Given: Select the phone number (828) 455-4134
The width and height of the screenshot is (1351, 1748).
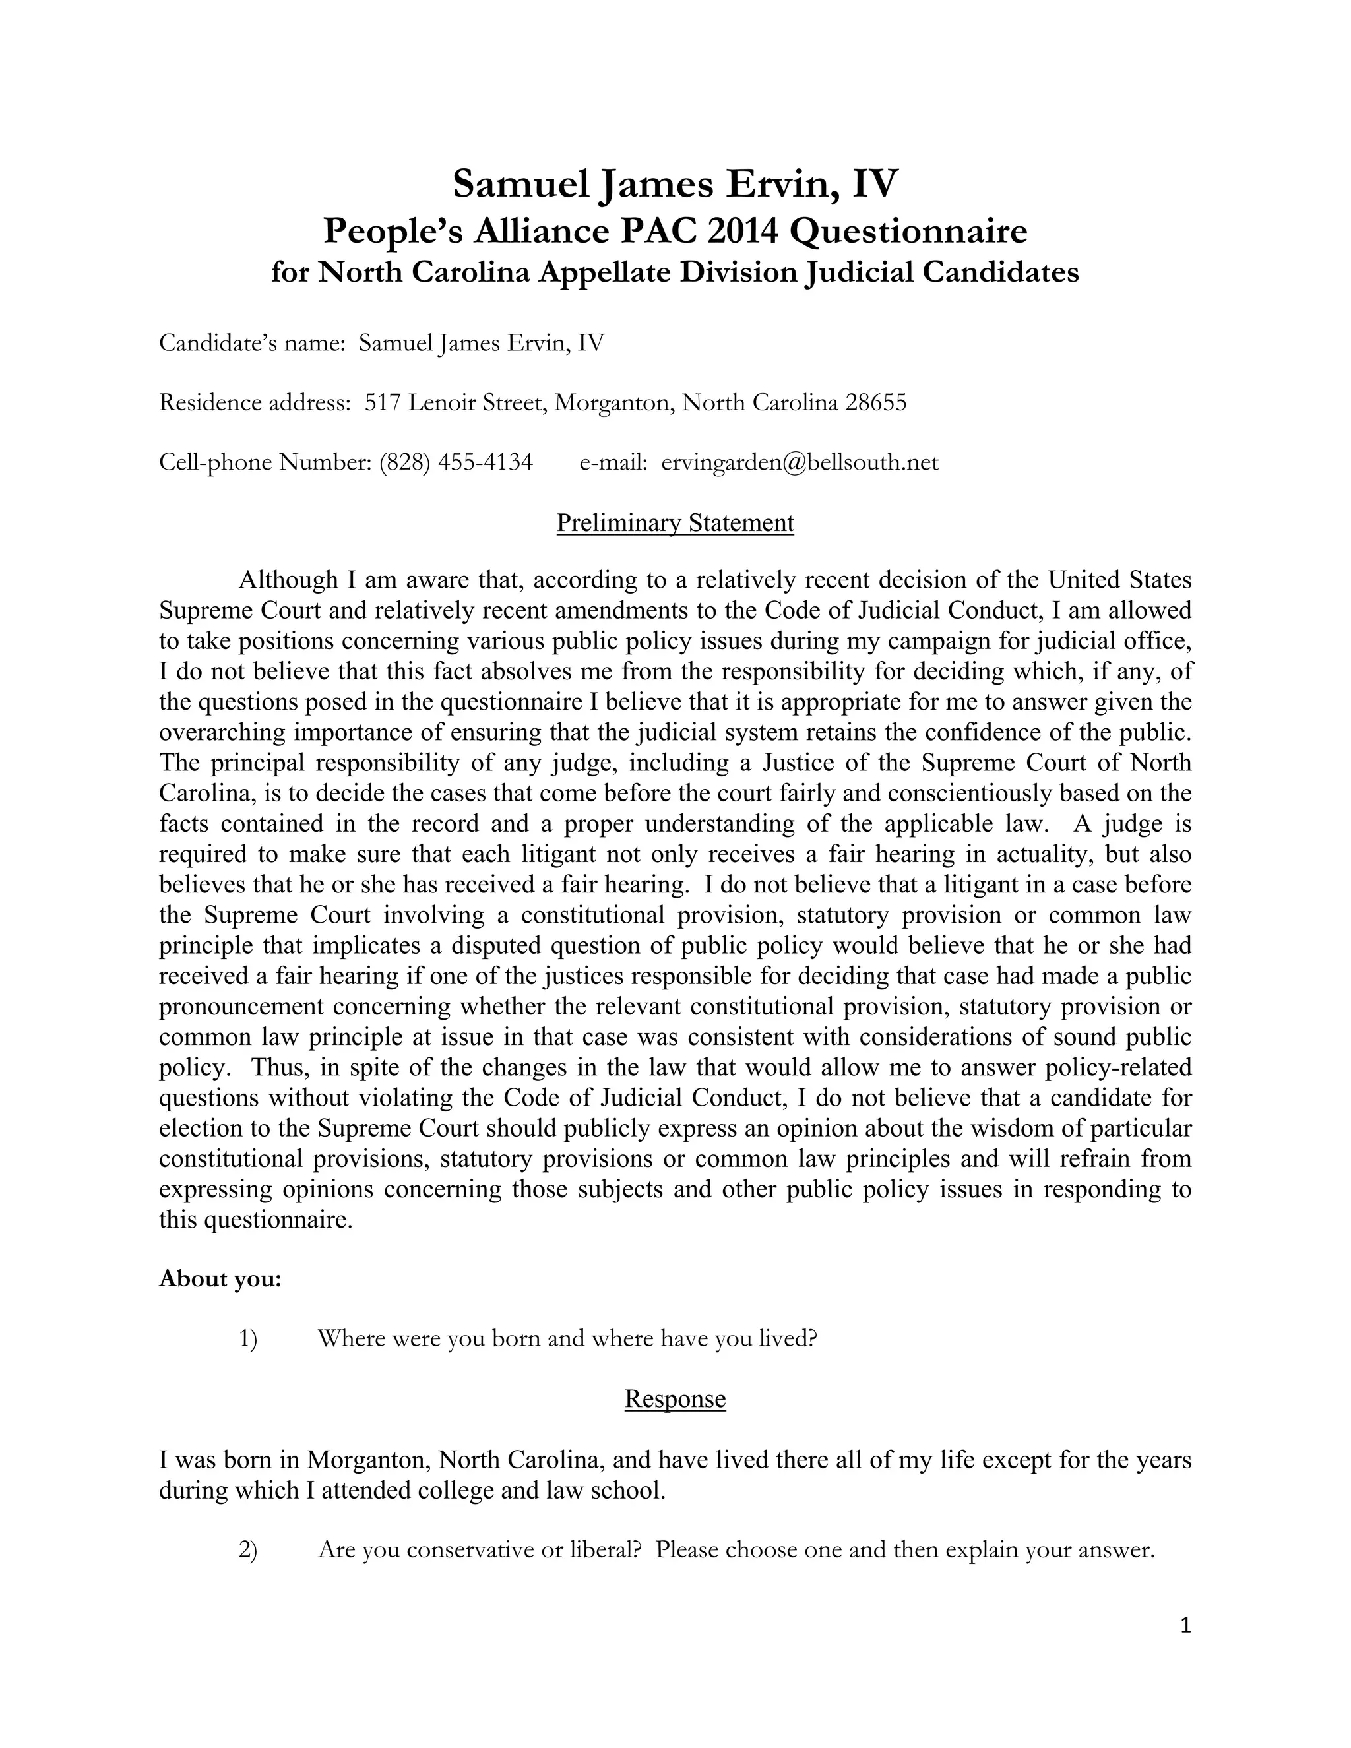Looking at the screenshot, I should (456, 462).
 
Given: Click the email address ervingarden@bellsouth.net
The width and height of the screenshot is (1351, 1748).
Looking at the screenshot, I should (800, 462).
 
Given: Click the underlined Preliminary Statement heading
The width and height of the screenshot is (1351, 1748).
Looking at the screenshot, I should (675, 522).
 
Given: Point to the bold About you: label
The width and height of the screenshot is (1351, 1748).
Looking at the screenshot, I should (220, 1279).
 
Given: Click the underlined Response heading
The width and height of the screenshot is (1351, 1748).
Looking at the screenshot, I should (675, 1398).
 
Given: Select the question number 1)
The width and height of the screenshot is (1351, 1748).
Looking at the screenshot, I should (248, 1339).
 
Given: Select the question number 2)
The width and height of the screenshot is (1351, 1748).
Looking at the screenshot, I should (248, 1550).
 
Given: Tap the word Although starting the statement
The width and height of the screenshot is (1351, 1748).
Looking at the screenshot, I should (288, 579).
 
